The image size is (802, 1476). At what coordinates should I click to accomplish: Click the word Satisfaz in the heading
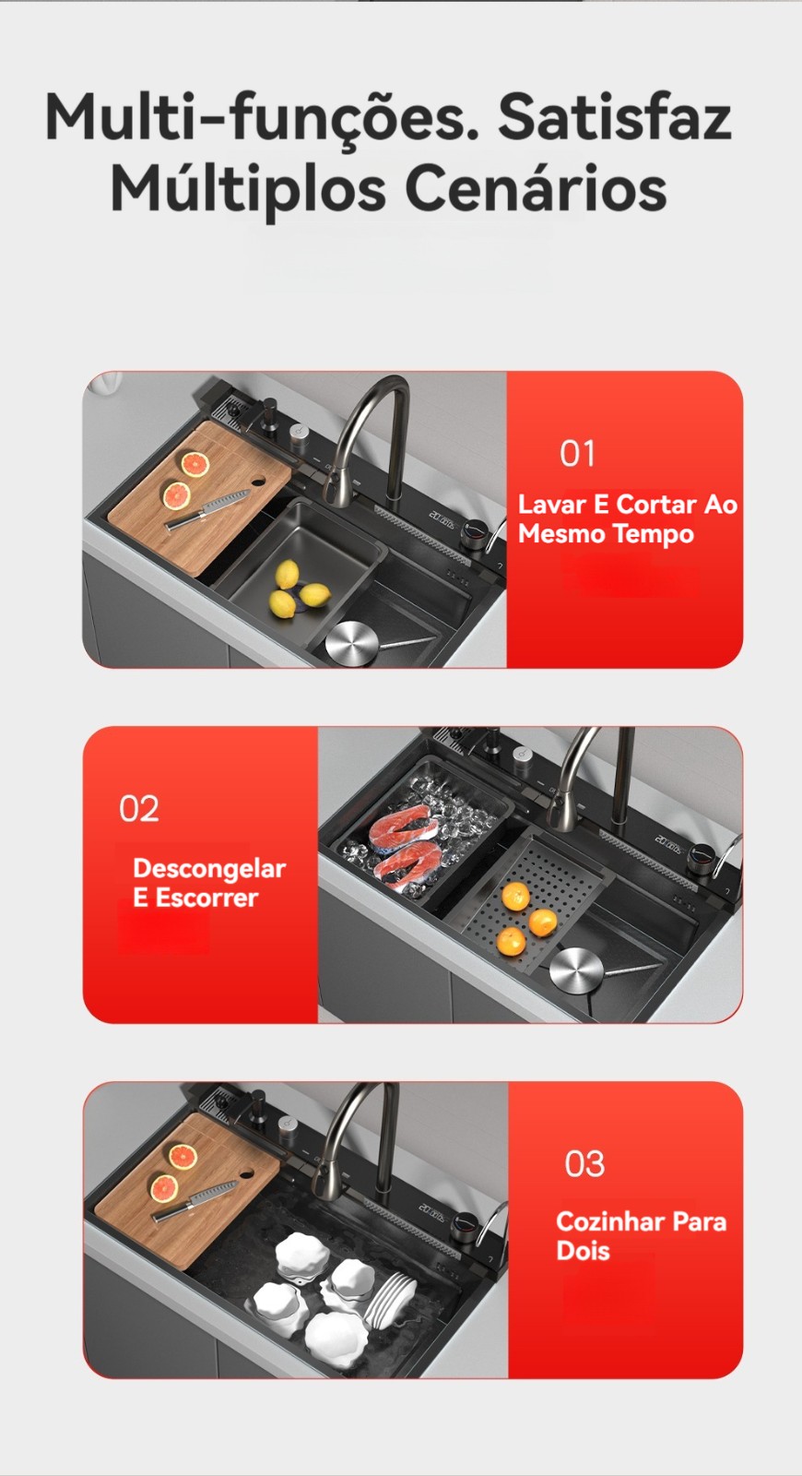pyautogui.click(x=614, y=117)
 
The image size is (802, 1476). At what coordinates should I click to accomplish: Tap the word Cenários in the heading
pyautogui.click(x=536, y=189)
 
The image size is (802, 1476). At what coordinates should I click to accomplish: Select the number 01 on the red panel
pyautogui.click(x=577, y=453)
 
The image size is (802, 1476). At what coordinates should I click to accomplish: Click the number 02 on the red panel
pyautogui.click(x=139, y=808)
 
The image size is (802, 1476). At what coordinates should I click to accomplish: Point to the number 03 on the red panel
pyautogui.click(x=584, y=1163)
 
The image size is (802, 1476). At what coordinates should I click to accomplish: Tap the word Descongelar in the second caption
pyautogui.click(x=209, y=869)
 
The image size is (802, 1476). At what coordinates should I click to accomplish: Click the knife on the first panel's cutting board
pyautogui.click(x=206, y=510)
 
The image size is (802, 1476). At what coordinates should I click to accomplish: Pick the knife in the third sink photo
pyautogui.click(x=195, y=1200)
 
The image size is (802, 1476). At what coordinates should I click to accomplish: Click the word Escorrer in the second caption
pyautogui.click(x=206, y=899)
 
